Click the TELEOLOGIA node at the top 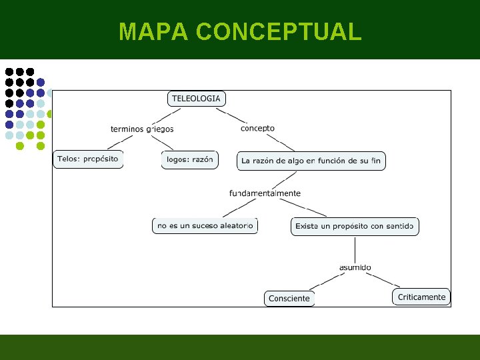[x=196, y=99]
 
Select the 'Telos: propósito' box [x=88, y=159]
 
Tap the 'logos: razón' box [x=189, y=160]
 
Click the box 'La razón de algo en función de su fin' [x=311, y=161]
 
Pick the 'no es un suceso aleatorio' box [x=205, y=226]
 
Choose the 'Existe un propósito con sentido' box [x=355, y=226]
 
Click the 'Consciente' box [x=289, y=299]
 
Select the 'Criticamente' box [x=421, y=297]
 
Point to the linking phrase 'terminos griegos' [x=142, y=129]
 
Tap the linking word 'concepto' [x=257, y=128]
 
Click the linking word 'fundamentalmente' [x=265, y=193]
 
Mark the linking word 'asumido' [x=355, y=267]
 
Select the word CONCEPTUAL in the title [x=279, y=31]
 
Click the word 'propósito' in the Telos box [x=101, y=159]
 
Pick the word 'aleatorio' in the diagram [x=237, y=226]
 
